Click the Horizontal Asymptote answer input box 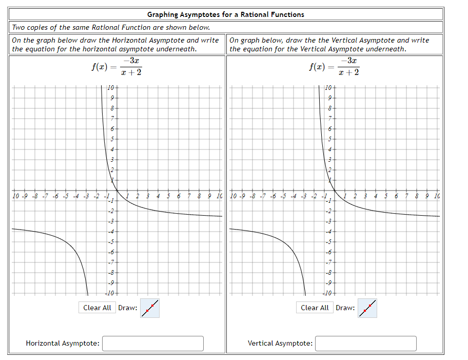[152, 343]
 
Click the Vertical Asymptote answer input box [365, 343]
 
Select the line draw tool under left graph [149, 308]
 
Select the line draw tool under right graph [367, 308]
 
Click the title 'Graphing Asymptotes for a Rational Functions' [225, 14]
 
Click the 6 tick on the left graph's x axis [178, 196]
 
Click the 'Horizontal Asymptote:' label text [63, 343]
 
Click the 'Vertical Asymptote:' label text [280, 343]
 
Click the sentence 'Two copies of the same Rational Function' [110, 27]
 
